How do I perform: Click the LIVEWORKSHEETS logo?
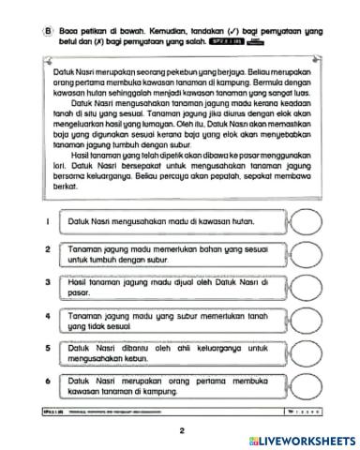pyautogui.click(x=301, y=441)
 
